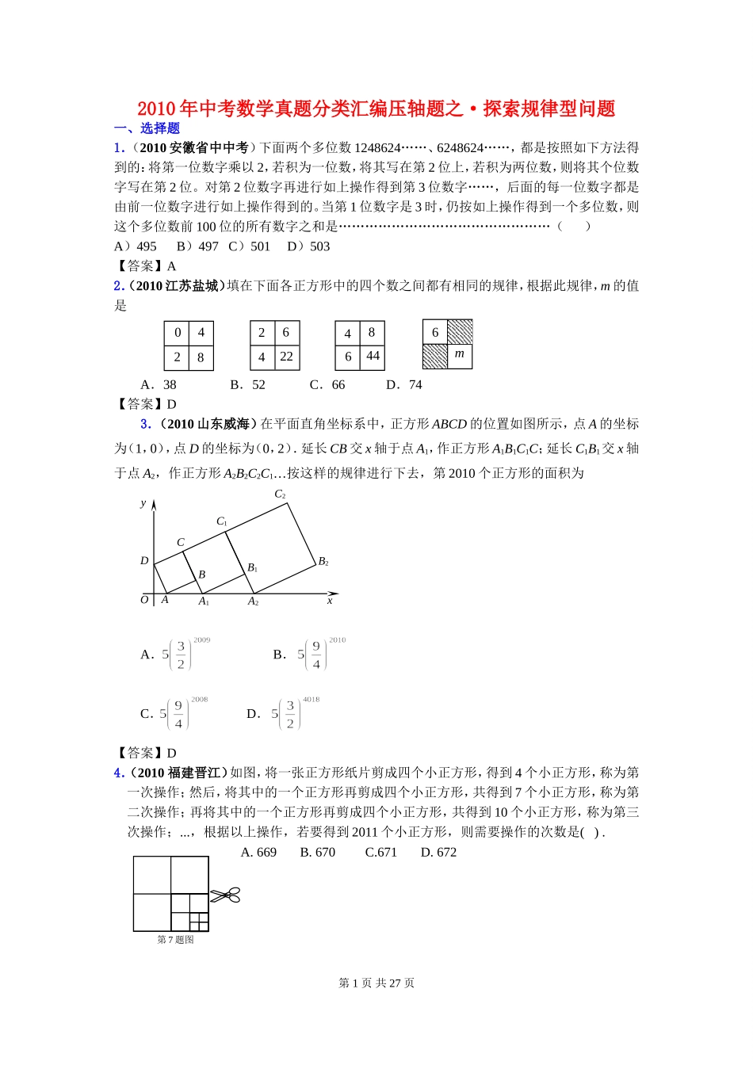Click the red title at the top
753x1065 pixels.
(x=376, y=109)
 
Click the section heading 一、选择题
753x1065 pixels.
(x=147, y=128)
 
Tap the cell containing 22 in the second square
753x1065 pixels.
(x=286, y=357)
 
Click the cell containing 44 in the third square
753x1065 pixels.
(x=373, y=357)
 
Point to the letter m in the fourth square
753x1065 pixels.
(x=460, y=354)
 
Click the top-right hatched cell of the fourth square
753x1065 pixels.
(x=460, y=332)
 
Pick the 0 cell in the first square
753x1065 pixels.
(x=178, y=333)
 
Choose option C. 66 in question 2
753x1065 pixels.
(x=327, y=385)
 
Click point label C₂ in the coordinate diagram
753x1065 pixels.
(x=280, y=494)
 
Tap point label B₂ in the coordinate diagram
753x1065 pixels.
(x=323, y=562)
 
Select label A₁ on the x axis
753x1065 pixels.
(x=204, y=601)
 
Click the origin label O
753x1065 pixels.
(x=144, y=600)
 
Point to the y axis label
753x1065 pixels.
(x=143, y=503)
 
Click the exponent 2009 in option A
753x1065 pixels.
(x=202, y=640)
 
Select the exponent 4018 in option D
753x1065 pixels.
(x=312, y=700)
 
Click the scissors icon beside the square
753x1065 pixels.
(x=225, y=895)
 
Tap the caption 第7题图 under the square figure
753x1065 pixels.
(x=175, y=940)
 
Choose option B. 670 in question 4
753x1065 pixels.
(x=317, y=853)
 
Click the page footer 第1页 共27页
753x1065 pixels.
(x=376, y=983)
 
